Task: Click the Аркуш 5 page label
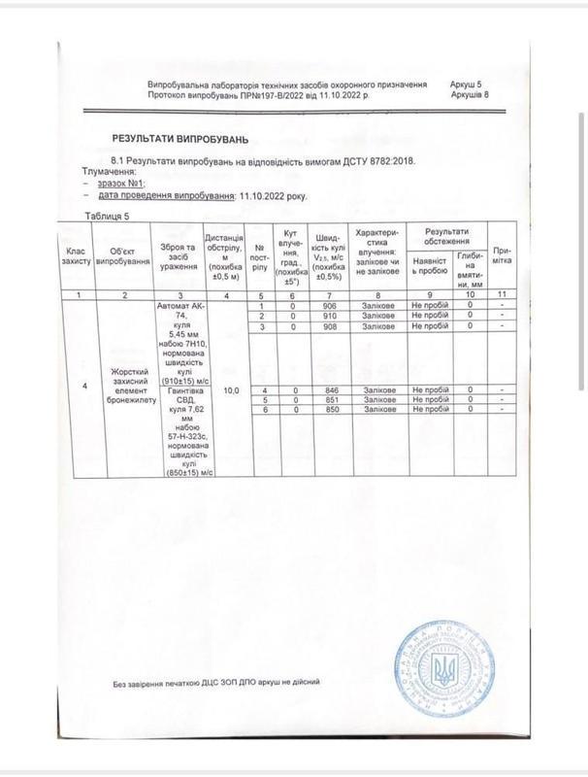coord(470,85)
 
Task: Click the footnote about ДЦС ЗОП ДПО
coord(215,684)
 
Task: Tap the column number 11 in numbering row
coord(503,295)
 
